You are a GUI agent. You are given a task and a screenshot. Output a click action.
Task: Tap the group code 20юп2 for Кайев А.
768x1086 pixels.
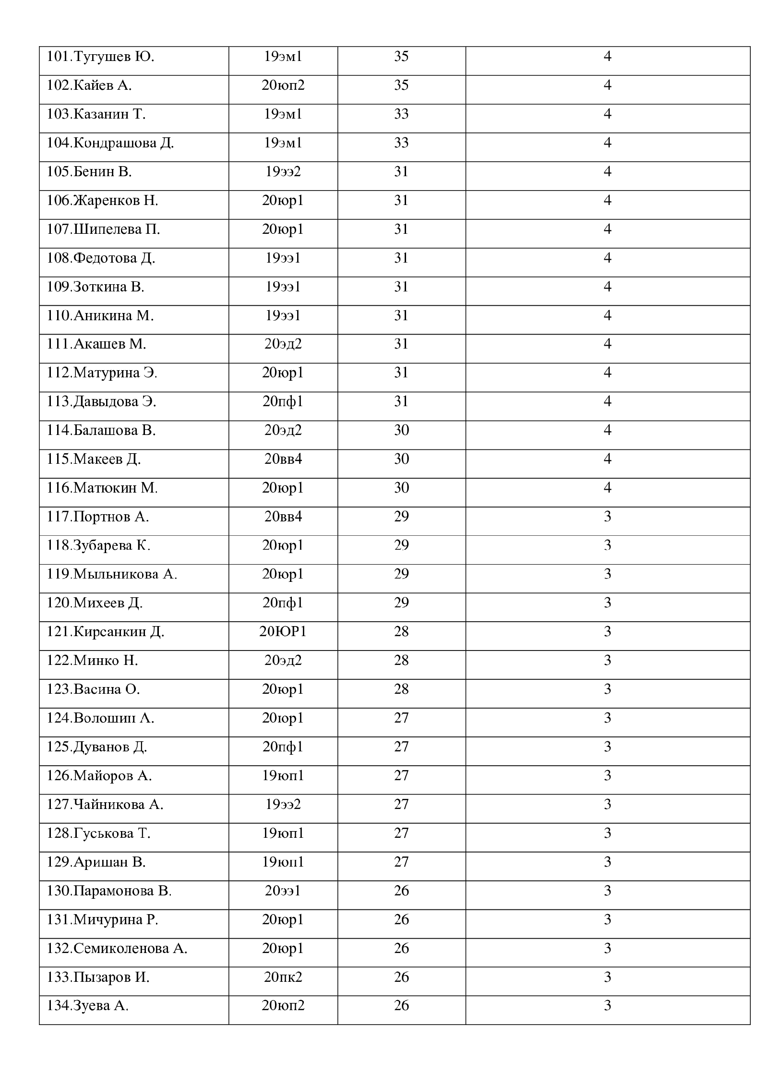(x=283, y=86)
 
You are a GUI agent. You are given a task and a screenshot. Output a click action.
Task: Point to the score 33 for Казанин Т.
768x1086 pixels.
(x=401, y=115)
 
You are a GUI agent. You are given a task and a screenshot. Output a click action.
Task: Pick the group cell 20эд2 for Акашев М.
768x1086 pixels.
(x=283, y=344)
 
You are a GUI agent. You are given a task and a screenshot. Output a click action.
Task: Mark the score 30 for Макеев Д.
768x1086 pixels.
(x=401, y=459)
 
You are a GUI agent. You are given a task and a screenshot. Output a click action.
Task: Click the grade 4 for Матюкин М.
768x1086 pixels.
(x=607, y=488)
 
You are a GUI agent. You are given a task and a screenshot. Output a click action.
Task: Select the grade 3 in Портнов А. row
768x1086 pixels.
(x=607, y=517)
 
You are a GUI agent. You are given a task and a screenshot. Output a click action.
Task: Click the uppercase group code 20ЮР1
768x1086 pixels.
(x=283, y=632)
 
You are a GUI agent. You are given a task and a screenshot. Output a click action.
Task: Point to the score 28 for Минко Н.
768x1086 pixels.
(x=401, y=661)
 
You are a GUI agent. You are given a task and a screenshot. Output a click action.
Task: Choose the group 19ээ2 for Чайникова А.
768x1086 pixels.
(x=283, y=805)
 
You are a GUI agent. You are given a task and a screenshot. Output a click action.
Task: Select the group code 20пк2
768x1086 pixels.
(x=283, y=977)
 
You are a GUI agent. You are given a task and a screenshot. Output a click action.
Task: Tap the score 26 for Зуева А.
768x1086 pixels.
(x=401, y=1005)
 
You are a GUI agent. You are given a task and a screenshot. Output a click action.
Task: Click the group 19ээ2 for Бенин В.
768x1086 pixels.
(x=283, y=172)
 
